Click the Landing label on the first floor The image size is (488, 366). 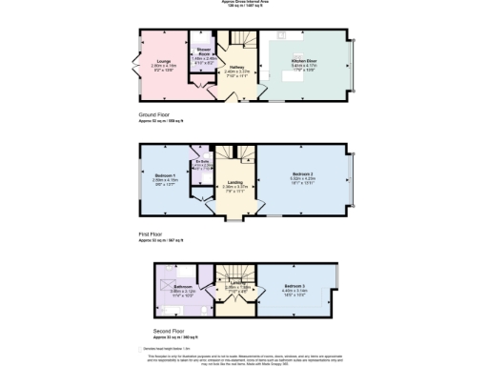[234, 184]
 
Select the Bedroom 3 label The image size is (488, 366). [295, 286]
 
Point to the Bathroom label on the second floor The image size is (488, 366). [182, 286]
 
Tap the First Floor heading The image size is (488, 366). [151, 233]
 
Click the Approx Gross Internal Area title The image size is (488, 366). [243, 3]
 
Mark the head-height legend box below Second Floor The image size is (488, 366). [142, 346]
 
